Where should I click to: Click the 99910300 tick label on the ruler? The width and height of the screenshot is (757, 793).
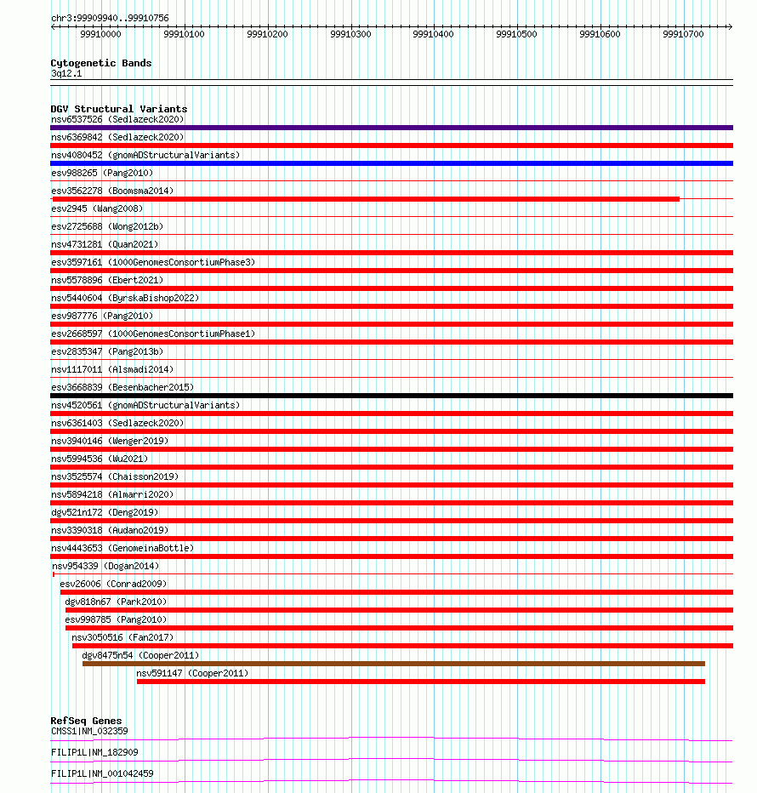[350, 34]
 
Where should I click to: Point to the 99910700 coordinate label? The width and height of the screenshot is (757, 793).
[683, 34]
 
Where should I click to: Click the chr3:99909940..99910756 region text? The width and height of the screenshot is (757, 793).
[110, 18]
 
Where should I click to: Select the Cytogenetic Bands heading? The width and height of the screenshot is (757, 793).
[101, 63]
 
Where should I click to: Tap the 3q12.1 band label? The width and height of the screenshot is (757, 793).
[66, 73]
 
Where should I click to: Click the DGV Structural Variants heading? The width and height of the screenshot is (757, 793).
[118, 109]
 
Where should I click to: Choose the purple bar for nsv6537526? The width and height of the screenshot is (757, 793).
[391, 128]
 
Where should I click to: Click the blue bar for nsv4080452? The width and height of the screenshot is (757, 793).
[391, 163]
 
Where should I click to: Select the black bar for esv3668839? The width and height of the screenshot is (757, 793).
[391, 396]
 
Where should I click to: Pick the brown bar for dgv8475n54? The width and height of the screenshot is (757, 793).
[393, 664]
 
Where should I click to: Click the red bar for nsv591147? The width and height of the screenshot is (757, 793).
[420, 682]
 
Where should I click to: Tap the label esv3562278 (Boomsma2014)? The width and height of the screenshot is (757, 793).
[112, 191]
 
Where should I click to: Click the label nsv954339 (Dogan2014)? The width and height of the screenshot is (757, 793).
[105, 566]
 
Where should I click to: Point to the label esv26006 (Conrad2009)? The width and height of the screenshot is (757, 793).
[113, 584]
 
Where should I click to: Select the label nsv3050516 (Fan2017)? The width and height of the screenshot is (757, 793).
[122, 637]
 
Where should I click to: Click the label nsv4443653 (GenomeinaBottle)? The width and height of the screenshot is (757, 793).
[122, 548]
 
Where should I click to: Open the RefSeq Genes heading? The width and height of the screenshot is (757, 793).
[86, 721]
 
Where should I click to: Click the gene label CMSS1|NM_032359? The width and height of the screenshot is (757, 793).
[89, 731]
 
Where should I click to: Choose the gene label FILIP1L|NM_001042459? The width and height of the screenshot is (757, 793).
[102, 773]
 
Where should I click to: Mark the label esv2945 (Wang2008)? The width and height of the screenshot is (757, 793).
[97, 208]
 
